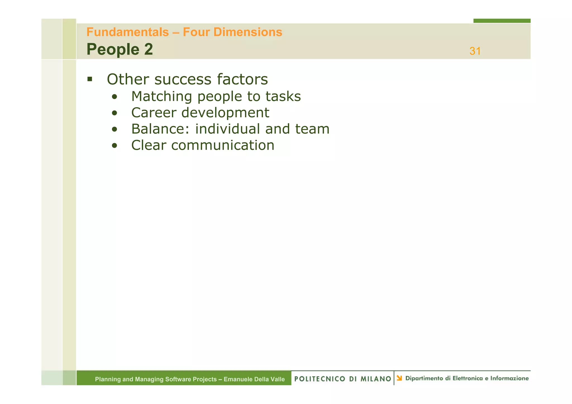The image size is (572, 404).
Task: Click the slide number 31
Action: point(475,51)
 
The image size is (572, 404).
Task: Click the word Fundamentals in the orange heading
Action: point(128,32)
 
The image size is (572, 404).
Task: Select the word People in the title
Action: point(113,49)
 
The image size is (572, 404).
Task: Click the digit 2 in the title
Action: point(149,49)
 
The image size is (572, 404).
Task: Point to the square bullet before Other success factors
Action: point(90,79)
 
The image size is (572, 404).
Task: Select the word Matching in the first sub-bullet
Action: point(161,97)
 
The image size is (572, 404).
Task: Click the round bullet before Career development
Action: point(114,113)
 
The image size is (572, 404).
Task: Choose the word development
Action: point(225,113)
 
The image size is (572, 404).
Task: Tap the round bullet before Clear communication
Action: point(114,146)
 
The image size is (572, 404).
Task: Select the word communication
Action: point(223,145)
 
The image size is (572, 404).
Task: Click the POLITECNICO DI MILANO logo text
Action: point(343,379)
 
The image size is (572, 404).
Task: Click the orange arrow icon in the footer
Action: point(399,378)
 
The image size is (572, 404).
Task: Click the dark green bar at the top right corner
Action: point(502,21)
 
